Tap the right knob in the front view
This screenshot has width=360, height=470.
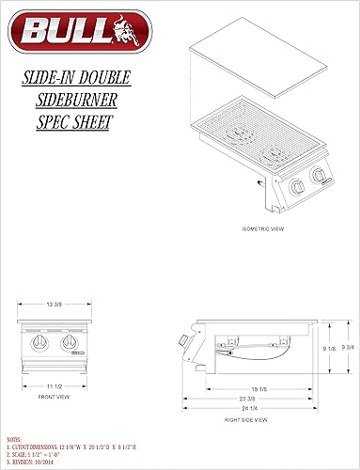pyautogui.click(x=68, y=347)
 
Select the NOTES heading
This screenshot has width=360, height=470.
pyautogui.click(x=14, y=439)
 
